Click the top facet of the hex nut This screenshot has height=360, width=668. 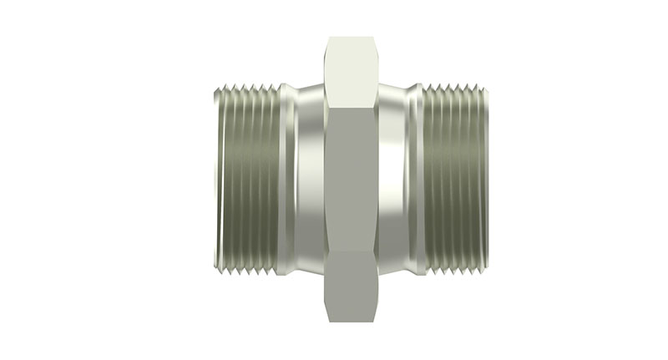(x=350, y=71)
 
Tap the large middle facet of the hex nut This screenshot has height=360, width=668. (x=350, y=180)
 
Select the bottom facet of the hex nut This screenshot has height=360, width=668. (x=350, y=288)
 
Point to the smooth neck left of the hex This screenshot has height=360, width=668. (x=306, y=180)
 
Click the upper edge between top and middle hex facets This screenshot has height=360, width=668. (x=350, y=106)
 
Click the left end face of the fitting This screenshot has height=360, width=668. (x=208, y=180)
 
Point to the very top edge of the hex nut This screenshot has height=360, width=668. (x=350, y=38)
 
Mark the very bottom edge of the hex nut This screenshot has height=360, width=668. (x=350, y=322)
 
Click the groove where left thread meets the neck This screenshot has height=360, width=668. (x=284, y=180)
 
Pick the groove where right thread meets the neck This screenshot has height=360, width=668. (x=417, y=180)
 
